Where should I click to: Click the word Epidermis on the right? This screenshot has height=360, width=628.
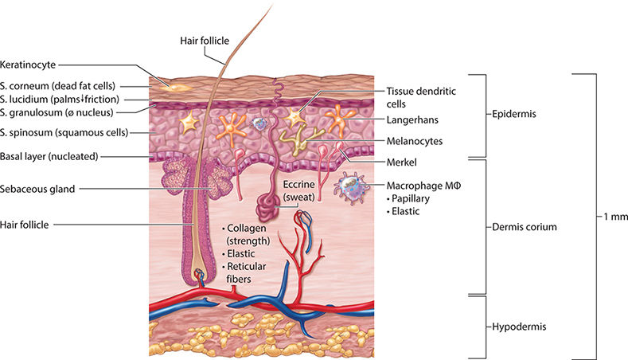[515, 114]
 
